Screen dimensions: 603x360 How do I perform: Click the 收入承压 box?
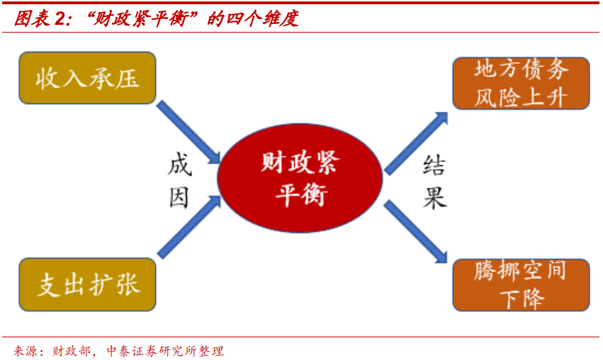click(87, 78)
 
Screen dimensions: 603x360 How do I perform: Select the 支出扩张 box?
click(87, 284)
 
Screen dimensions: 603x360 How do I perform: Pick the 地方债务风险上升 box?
click(521, 83)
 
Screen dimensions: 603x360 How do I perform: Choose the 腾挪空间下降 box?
click(521, 285)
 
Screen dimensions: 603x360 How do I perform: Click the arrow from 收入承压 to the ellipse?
click(188, 131)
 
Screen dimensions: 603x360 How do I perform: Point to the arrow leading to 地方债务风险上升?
click(416, 142)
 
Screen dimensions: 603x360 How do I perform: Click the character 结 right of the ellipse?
click(434, 166)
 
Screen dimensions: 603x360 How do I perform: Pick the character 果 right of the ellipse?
click(434, 198)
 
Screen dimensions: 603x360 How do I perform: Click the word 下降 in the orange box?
click(521, 298)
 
